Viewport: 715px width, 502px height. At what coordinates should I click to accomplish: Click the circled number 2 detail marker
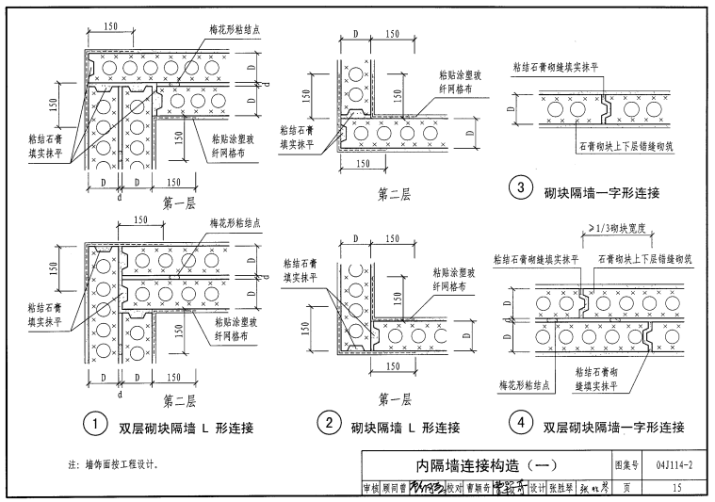coord(328,425)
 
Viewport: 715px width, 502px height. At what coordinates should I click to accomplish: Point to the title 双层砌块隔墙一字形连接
coord(612,428)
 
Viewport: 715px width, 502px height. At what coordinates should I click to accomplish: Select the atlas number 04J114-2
coord(674,464)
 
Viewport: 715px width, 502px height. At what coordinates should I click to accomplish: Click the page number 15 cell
coord(676,487)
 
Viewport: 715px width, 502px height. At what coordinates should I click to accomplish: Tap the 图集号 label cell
coord(626,464)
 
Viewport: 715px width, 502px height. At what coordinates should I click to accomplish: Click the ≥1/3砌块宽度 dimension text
coord(621,227)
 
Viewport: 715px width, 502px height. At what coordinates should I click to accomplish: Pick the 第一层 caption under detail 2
coord(393,399)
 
